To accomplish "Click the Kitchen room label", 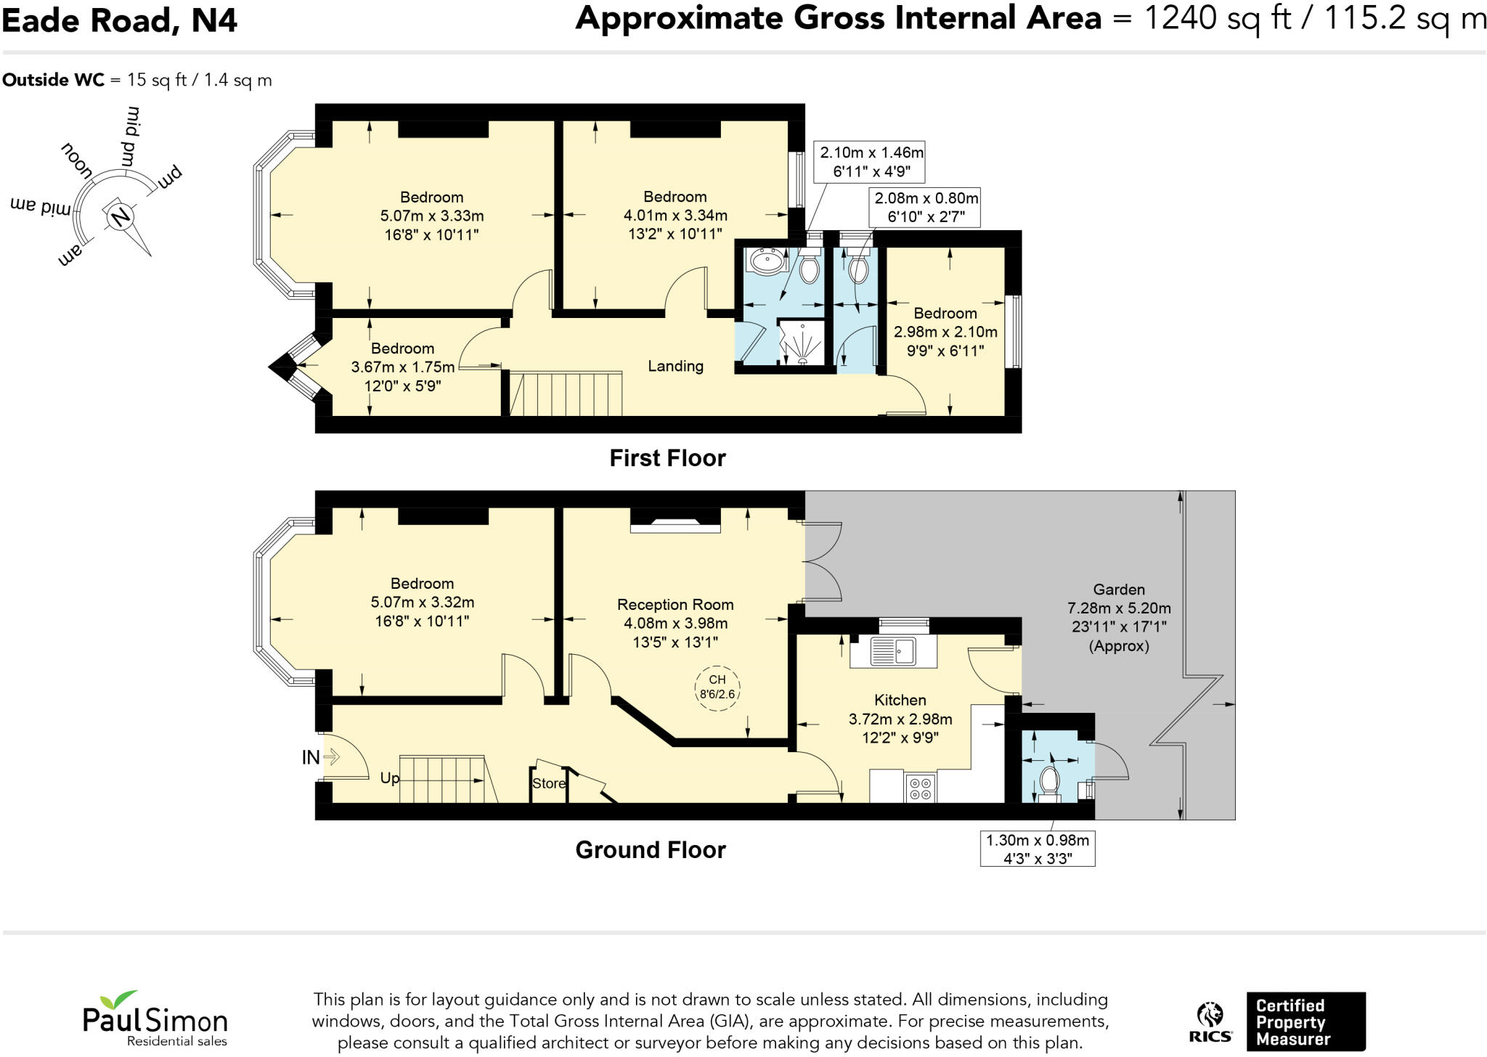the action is click(x=900, y=701).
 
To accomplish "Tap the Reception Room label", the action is click(x=675, y=605).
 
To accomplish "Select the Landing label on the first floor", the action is click(x=675, y=366).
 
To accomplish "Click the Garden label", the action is click(x=1119, y=590).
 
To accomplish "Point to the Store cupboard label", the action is click(x=549, y=783).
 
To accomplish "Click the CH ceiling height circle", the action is click(x=717, y=687).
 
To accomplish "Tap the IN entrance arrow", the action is click(x=332, y=757).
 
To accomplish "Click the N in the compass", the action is click(x=121, y=216).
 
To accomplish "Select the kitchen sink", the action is click(x=894, y=651).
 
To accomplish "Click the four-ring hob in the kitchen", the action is click(x=921, y=788).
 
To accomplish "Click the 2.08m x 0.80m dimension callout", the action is click(x=926, y=208).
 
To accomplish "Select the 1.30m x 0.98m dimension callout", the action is click(x=1037, y=849).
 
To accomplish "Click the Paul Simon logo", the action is click(x=155, y=1019).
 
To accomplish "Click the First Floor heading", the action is click(x=667, y=458).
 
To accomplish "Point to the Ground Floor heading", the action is click(x=651, y=850).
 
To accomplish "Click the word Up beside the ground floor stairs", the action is click(x=390, y=779).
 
